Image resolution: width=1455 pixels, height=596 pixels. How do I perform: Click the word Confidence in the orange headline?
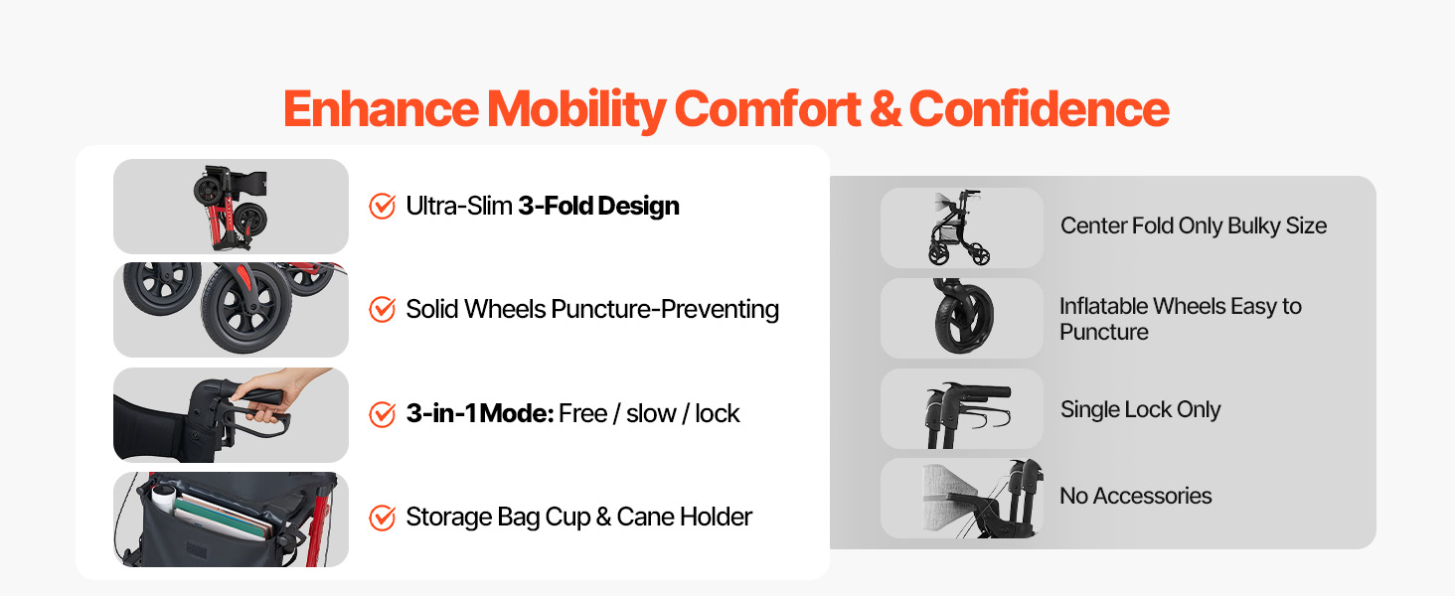click(x=1039, y=108)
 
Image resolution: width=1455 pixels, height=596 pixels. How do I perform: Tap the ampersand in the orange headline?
click(x=885, y=109)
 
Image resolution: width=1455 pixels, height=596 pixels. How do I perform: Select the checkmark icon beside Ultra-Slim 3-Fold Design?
click(x=382, y=206)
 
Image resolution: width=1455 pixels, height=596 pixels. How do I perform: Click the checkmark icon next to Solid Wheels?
click(x=382, y=309)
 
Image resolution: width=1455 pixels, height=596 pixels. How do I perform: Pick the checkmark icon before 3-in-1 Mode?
click(x=382, y=413)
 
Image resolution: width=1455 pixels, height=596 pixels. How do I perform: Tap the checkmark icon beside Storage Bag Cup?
click(x=382, y=518)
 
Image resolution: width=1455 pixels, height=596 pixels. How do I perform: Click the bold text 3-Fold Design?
click(x=598, y=207)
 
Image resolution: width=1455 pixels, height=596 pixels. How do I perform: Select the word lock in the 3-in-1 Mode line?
click(x=718, y=413)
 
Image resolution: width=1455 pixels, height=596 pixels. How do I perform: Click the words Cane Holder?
click(x=684, y=517)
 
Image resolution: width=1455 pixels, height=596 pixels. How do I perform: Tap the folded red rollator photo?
click(x=231, y=207)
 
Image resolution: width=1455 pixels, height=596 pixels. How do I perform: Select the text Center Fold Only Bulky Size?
click(x=1194, y=225)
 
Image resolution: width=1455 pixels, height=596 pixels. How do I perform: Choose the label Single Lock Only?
click(x=1141, y=409)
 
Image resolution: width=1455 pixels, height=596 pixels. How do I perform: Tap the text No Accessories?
click(x=1135, y=496)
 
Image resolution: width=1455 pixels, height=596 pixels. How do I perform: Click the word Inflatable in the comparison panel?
click(x=1103, y=306)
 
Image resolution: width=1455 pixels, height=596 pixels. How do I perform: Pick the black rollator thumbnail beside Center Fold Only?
click(x=959, y=227)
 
